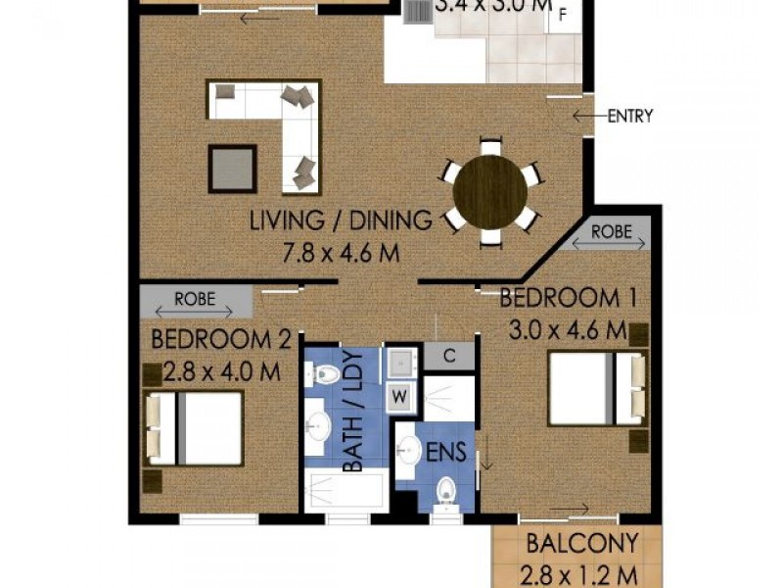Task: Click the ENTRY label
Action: [x=629, y=117]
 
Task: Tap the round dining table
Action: [x=490, y=193]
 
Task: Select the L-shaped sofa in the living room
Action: [x=274, y=127]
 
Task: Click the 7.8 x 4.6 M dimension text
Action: [x=341, y=252]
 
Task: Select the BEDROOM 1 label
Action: [x=560, y=298]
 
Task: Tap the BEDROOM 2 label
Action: [x=222, y=340]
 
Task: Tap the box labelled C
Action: [x=449, y=356]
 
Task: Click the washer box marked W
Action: [x=399, y=398]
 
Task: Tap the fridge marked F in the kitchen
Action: [x=562, y=17]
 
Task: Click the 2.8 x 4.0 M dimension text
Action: [x=222, y=372]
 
